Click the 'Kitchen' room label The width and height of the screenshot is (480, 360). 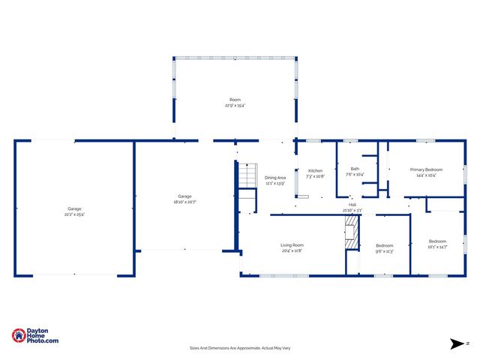316,170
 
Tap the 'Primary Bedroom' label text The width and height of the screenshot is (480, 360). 426,170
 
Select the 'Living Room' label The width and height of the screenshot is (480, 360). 292,245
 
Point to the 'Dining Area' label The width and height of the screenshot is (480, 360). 275,178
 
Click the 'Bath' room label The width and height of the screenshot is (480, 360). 355,169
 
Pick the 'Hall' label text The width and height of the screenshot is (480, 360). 352,205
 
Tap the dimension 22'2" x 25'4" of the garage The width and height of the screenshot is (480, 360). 74,214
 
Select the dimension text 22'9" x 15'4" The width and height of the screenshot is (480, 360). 235,106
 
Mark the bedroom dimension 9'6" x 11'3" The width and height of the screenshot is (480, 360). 384,251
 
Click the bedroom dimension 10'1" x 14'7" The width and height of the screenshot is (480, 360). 437,247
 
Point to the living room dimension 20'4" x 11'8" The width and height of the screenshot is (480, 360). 292,251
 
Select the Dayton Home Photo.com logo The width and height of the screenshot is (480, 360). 35,336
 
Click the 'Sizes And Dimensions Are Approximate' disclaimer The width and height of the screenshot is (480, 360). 239,348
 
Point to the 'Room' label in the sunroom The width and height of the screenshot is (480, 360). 235,100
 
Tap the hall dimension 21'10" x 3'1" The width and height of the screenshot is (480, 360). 352,211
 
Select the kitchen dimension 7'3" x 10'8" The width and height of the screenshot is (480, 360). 316,176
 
